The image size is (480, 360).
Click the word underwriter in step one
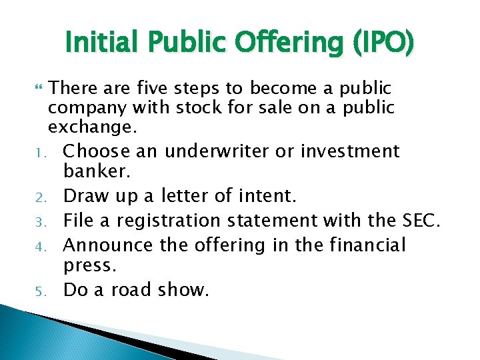pos(220,151)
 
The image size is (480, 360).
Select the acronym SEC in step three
pos(418,220)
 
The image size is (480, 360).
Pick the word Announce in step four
pos(108,245)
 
